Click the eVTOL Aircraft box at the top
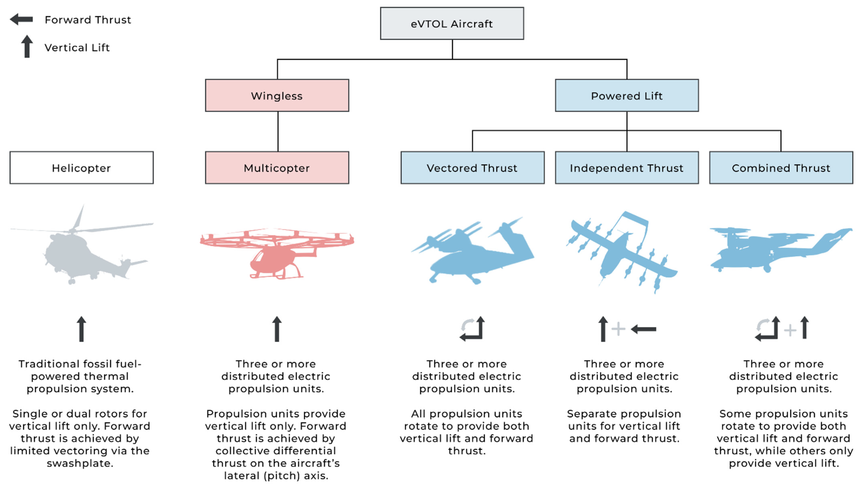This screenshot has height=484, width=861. point(452,23)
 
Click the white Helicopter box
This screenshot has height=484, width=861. point(82,168)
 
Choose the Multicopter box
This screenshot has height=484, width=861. point(277,168)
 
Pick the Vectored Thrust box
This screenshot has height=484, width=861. point(472,168)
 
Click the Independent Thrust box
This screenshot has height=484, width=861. point(627,168)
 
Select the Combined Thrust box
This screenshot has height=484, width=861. point(781,168)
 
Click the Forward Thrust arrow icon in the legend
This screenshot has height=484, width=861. point(21,19)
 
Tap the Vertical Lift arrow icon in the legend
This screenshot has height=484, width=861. point(27,47)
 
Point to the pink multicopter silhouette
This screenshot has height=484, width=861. point(277,251)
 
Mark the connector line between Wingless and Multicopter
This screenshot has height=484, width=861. point(278,131)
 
